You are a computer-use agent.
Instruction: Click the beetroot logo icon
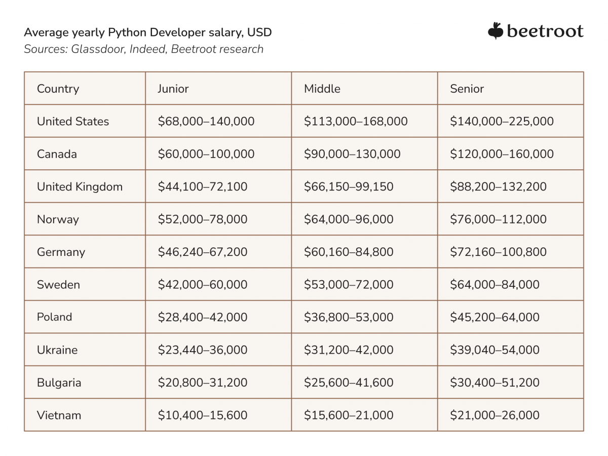[496, 31]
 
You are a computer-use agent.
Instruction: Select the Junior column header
[173, 89]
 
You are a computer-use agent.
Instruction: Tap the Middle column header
[322, 89]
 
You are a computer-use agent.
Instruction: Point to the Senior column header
[467, 89]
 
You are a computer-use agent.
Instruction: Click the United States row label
[73, 122]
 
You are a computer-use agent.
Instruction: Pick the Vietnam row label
[59, 415]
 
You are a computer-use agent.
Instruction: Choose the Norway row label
[58, 219]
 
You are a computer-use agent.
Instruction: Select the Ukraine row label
[57, 350]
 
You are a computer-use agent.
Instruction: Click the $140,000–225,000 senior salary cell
[502, 122]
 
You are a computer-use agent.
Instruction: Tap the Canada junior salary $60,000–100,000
[206, 154]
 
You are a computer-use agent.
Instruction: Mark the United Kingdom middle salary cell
[349, 187]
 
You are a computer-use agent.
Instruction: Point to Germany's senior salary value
[498, 252]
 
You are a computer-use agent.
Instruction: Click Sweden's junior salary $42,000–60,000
[203, 285]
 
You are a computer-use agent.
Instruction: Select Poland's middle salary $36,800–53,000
[349, 317]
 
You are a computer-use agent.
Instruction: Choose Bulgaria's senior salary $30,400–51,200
[495, 383]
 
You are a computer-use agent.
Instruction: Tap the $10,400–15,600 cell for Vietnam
[203, 415]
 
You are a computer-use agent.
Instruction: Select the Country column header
[58, 89]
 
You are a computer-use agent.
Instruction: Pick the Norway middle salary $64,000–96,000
[349, 219]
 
